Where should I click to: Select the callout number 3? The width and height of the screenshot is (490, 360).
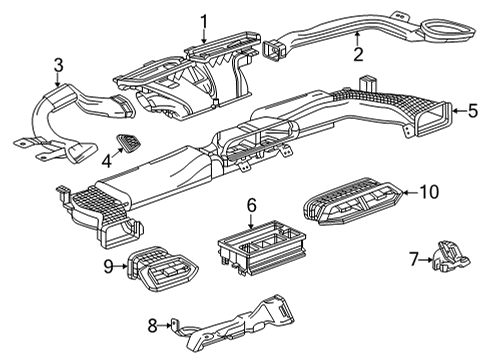(59, 66)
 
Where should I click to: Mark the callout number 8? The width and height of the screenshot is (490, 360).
(153, 324)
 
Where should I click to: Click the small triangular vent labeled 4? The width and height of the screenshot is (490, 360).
(130, 143)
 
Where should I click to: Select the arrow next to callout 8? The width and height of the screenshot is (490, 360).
(166, 324)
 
